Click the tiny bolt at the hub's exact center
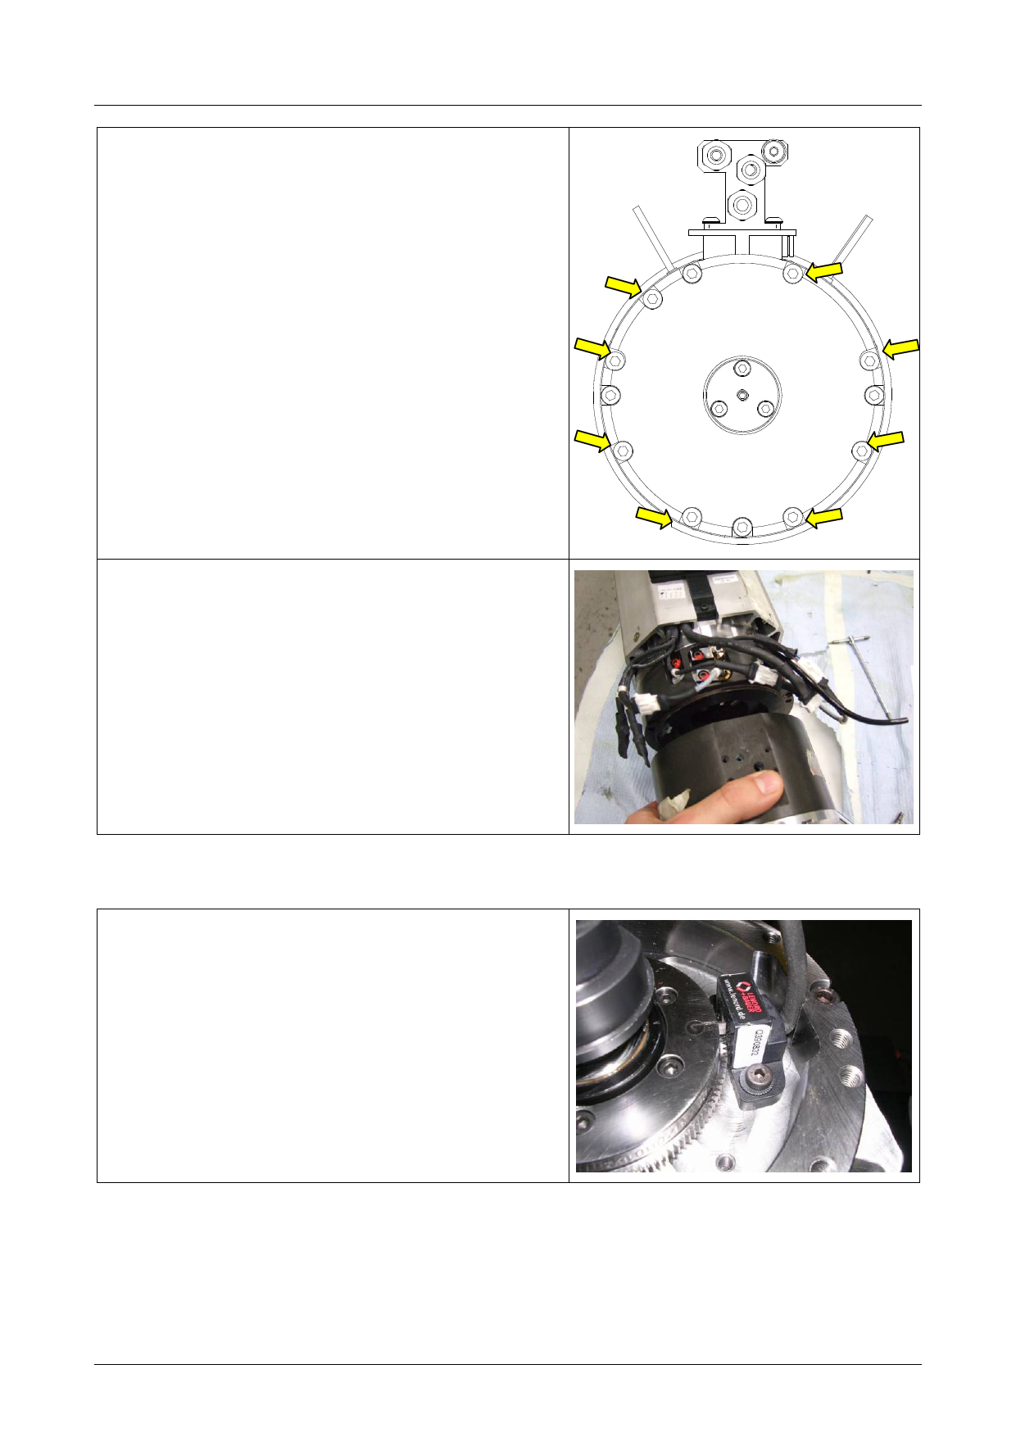click(x=742, y=395)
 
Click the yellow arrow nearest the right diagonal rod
click(x=824, y=271)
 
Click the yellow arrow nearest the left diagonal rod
click(x=623, y=286)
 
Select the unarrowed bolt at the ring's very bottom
click(x=742, y=526)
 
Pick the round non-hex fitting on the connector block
click(x=774, y=151)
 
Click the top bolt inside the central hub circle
click(x=742, y=367)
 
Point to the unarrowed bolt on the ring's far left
click(x=610, y=395)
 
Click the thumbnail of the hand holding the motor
click(x=743, y=696)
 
